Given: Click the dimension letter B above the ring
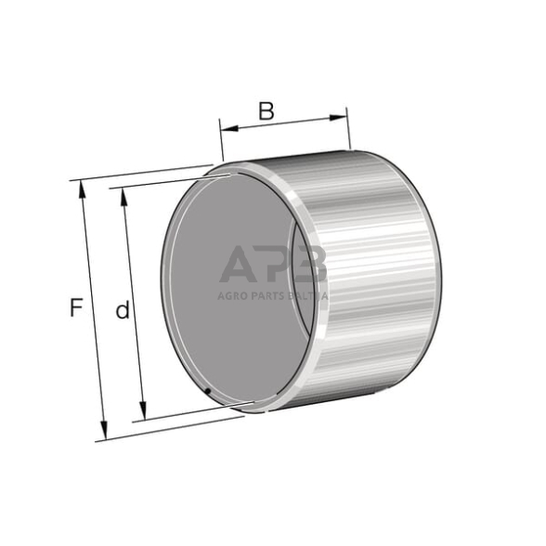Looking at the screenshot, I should point(266,111).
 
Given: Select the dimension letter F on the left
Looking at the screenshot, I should point(77,307).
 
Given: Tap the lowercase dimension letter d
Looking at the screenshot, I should point(122,311).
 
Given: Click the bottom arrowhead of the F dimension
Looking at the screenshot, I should point(104,433).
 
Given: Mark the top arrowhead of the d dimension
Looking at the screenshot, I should point(123,198).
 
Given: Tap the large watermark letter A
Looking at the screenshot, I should point(240,264).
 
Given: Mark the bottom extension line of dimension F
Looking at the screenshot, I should point(167,428).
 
